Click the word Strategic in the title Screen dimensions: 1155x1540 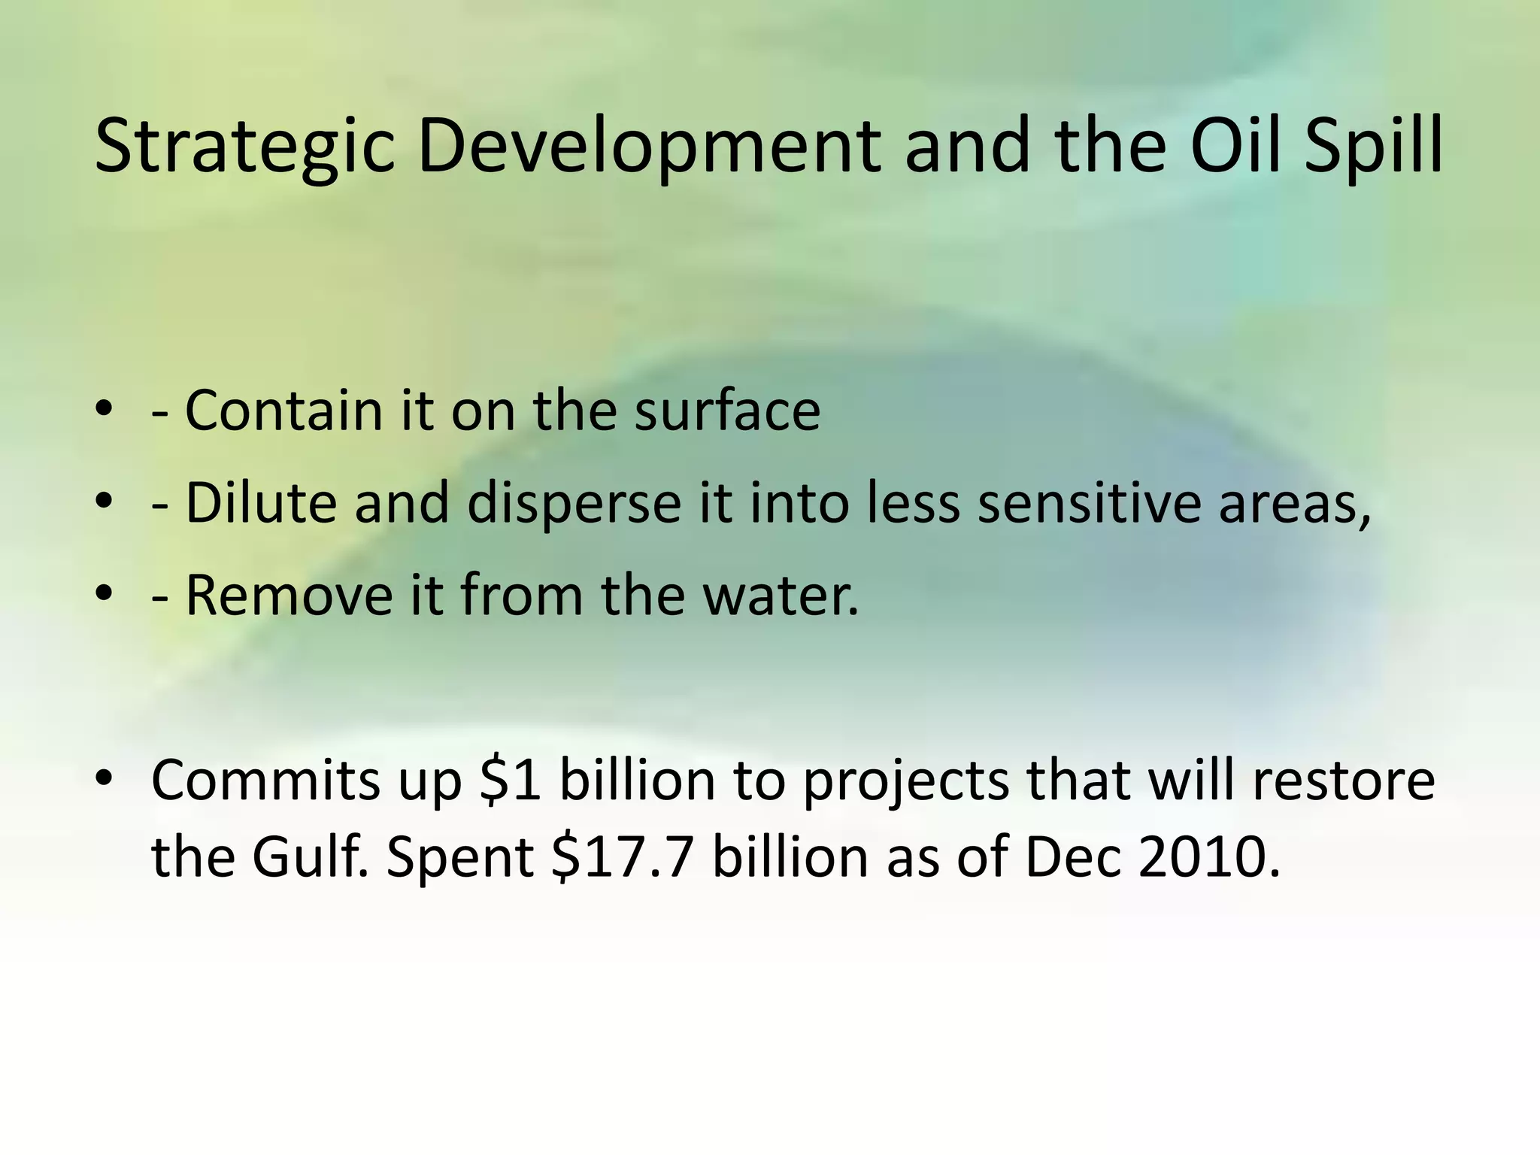pyautogui.click(x=244, y=147)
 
